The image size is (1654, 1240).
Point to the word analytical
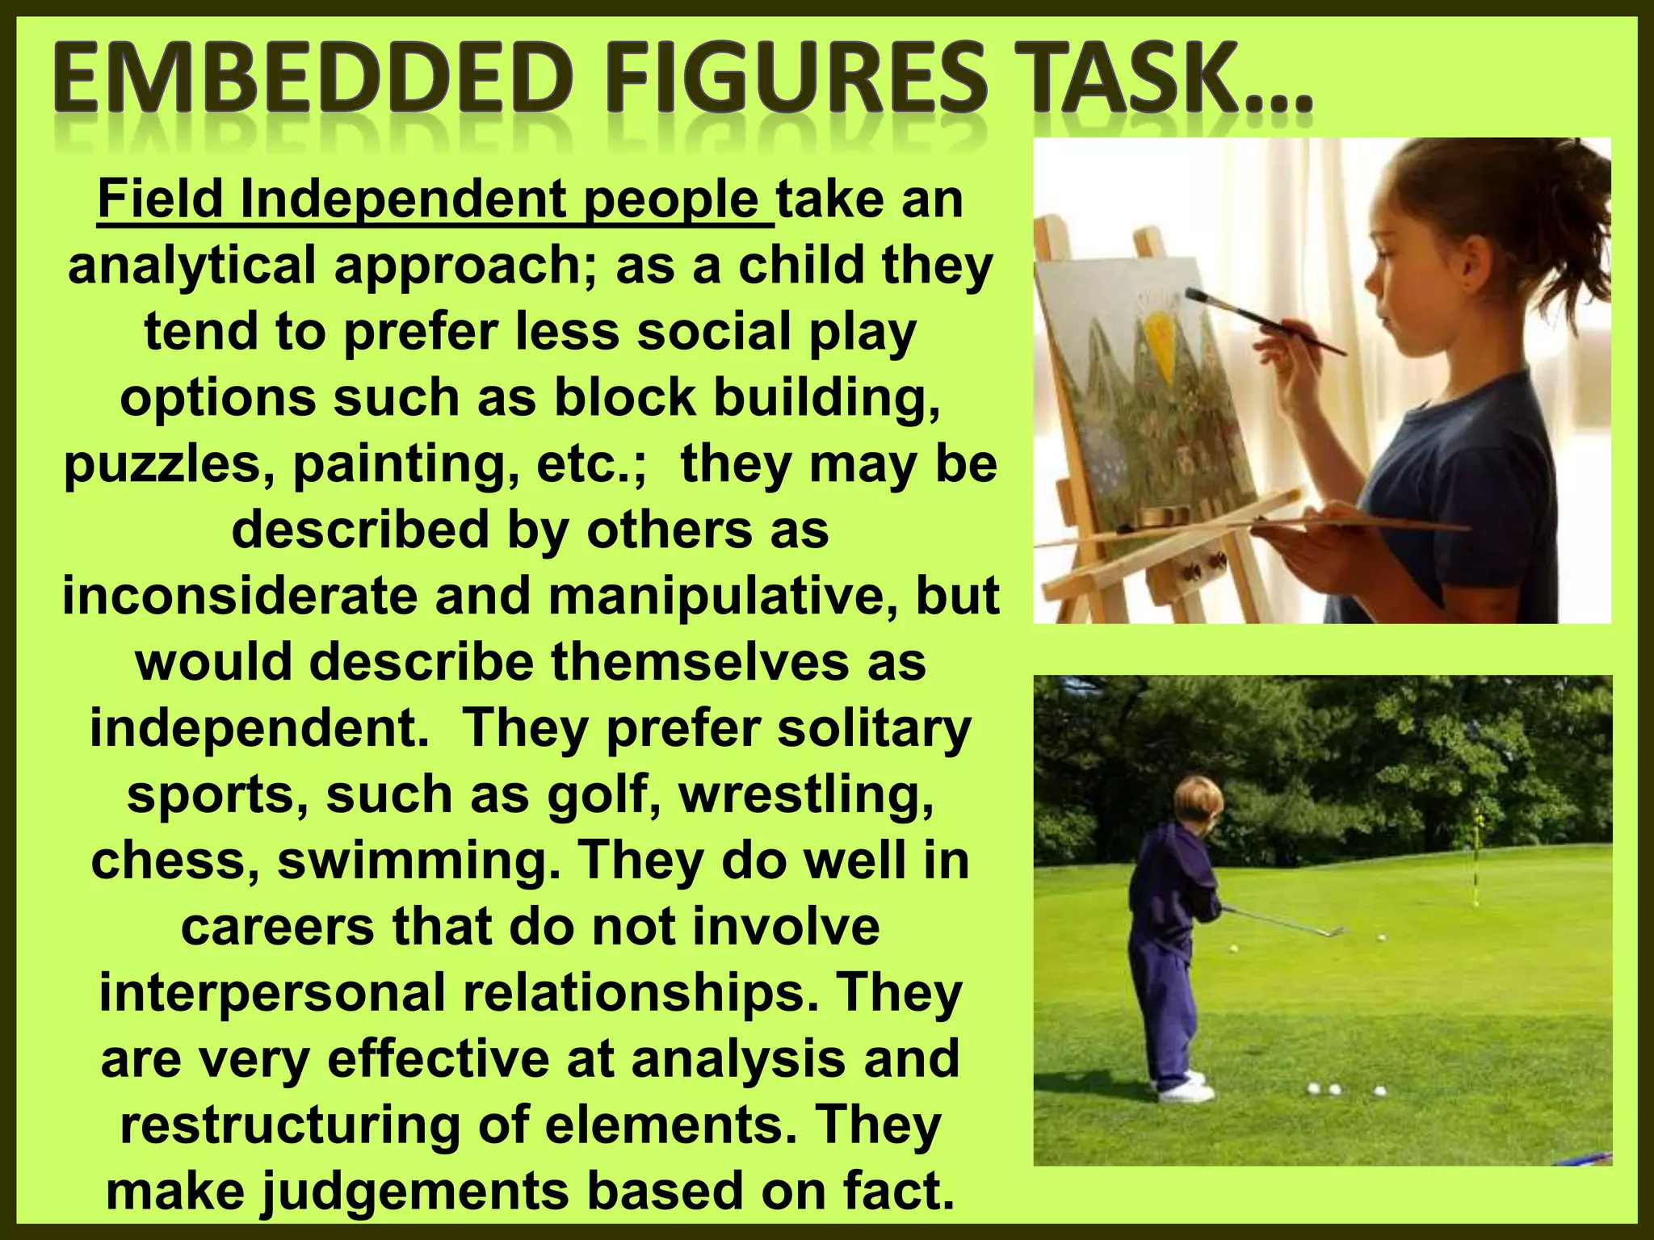191,266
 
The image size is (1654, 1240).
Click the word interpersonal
272,993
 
